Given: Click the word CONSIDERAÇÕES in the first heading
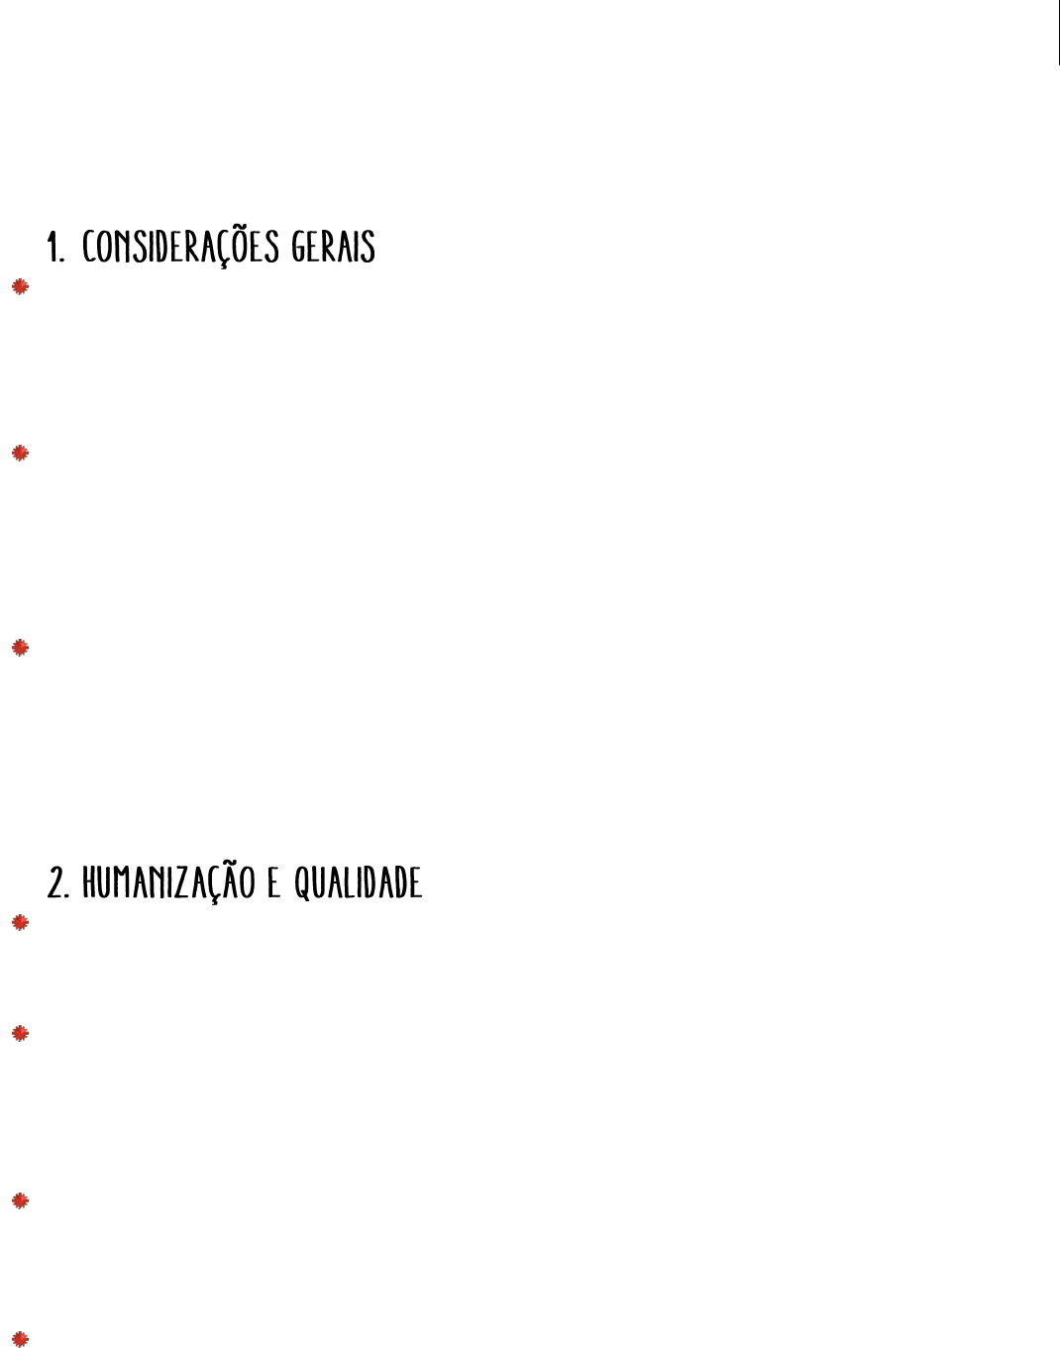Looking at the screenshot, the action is [x=181, y=247].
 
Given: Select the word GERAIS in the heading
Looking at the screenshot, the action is [x=334, y=247].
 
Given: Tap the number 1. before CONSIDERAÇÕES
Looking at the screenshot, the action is [x=56, y=248].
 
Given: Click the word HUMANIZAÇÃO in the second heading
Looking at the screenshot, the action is [x=170, y=882].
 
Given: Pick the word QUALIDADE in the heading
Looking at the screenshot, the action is [x=359, y=882].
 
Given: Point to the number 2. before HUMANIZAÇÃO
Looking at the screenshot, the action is [x=59, y=883].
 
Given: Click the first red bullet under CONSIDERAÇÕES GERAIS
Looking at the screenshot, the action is [x=20, y=287].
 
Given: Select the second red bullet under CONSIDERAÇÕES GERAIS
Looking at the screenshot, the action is [x=20, y=454].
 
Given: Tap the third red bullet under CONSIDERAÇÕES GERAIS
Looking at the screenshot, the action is [x=20, y=648].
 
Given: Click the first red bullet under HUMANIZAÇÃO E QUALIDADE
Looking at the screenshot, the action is [x=20, y=923].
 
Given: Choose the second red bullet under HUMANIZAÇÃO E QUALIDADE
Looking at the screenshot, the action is [x=20, y=1034].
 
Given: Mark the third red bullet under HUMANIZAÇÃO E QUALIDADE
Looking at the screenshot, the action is [x=20, y=1201].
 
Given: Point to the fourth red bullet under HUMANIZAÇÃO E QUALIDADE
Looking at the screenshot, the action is [x=20, y=1338].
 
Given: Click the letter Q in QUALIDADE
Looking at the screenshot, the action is [x=301, y=883].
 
